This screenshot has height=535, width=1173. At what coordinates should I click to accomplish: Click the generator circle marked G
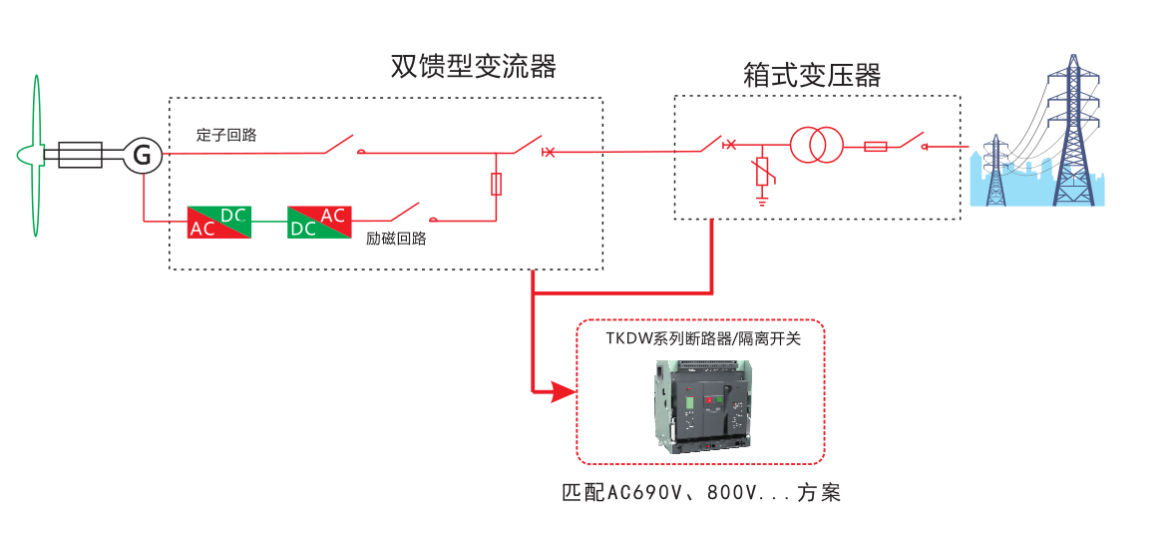(x=143, y=155)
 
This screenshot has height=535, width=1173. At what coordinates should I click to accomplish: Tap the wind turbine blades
(x=36, y=155)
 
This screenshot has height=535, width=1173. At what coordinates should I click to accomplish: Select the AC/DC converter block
(x=219, y=222)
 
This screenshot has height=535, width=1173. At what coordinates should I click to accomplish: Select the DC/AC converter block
(x=319, y=222)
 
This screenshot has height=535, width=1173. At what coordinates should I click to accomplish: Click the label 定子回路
(x=226, y=135)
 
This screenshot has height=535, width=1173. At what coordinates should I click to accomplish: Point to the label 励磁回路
(x=396, y=239)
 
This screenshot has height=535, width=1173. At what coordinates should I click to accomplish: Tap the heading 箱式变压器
(x=812, y=75)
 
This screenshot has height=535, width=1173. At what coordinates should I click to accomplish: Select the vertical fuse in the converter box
(x=497, y=184)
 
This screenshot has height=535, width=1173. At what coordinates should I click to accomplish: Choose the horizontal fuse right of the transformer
(x=876, y=147)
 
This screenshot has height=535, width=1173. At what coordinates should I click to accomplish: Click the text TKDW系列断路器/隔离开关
(x=702, y=338)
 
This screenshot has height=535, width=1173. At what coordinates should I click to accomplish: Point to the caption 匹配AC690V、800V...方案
(x=702, y=493)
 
